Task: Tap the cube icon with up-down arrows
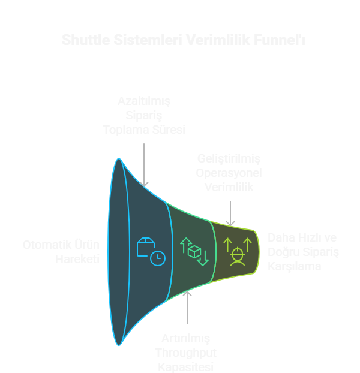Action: [194, 251]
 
